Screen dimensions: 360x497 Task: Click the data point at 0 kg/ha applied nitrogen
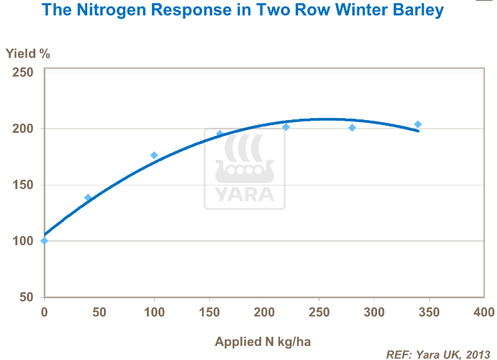click(44, 241)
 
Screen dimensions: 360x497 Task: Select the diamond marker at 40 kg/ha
click(88, 198)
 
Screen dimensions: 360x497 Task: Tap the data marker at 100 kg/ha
click(154, 155)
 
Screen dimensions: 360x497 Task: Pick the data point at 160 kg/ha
click(220, 134)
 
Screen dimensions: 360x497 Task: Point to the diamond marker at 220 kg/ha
click(286, 127)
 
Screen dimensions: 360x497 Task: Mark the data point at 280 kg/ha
click(352, 128)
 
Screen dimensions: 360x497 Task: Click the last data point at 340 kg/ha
click(418, 124)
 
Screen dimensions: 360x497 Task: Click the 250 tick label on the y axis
click(23, 73)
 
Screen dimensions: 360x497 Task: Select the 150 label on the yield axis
click(23, 185)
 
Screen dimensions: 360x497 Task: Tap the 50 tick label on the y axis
click(26, 297)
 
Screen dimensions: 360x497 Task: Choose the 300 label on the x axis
click(374, 313)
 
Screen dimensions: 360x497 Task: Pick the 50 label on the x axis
click(99, 313)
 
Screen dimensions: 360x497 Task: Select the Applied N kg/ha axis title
click(263, 341)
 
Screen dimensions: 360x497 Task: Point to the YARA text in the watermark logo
click(244, 194)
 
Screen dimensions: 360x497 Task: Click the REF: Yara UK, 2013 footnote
click(438, 354)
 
